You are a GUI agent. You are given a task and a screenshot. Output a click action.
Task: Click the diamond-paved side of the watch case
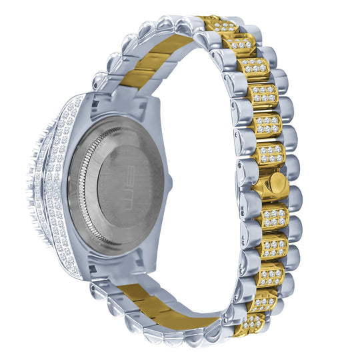pyautogui.click(x=57, y=187)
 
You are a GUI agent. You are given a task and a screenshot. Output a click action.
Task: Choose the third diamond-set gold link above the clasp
pyautogui.click(x=261, y=93)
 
